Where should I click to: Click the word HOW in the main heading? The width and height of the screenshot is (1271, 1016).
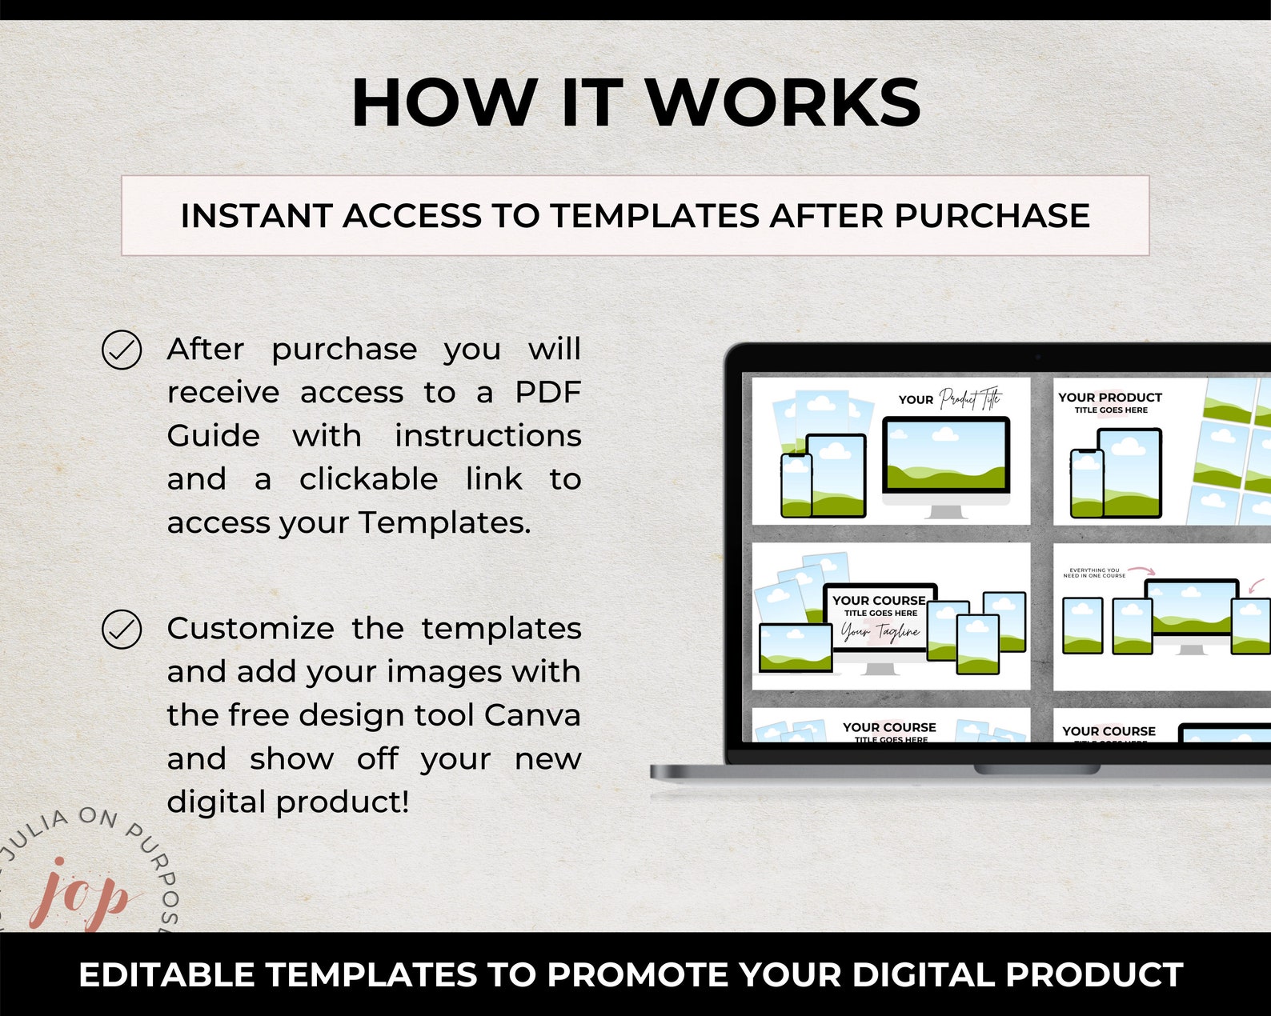[445, 102]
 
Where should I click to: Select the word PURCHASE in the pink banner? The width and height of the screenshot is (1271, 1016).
[992, 216]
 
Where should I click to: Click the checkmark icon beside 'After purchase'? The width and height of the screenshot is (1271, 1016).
[122, 350]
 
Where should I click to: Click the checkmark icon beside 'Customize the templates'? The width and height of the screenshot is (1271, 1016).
[122, 629]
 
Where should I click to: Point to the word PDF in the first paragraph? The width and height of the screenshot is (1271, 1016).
[547, 393]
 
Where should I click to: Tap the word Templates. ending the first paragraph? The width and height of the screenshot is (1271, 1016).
[444, 523]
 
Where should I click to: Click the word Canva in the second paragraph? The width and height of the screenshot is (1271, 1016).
[532, 715]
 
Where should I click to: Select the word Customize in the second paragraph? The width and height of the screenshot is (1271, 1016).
[251, 629]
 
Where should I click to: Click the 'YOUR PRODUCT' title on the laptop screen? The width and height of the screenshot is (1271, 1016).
[1109, 398]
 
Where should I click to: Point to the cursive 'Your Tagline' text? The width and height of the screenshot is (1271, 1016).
[880, 633]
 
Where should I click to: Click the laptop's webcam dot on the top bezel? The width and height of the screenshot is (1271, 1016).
[1038, 357]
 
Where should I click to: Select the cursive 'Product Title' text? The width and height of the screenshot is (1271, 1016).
[969, 398]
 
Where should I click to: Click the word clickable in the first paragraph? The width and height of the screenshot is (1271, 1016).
[368, 479]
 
